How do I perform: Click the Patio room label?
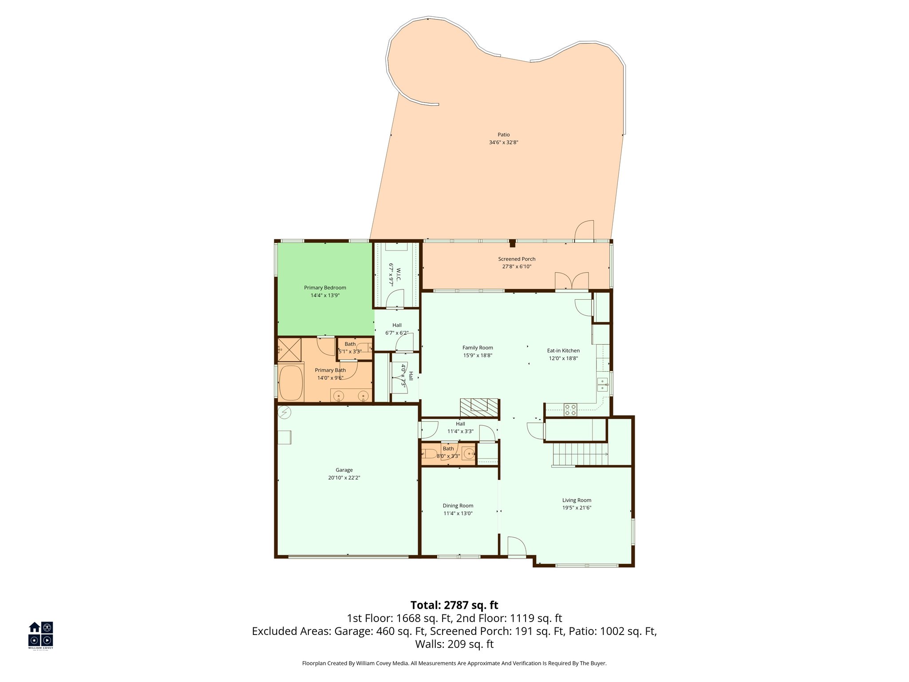click(503, 135)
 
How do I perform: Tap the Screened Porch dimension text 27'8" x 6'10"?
click(517, 267)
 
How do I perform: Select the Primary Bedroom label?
click(325, 288)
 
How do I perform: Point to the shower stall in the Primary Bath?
click(289, 350)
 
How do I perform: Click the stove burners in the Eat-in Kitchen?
click(570, 410)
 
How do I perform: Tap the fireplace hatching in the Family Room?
click(479, 407)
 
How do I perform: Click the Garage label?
click(344, 470)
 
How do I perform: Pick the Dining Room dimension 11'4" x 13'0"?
click(458, 513)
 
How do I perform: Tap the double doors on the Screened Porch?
click(572, 281)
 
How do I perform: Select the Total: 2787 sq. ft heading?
click(454, 605)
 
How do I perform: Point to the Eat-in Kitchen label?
click(563, 350)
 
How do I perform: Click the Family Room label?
click(478, 348)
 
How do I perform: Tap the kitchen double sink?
click(602, 385)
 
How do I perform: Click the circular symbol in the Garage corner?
click(285, 413)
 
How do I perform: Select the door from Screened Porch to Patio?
click(584, 231)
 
